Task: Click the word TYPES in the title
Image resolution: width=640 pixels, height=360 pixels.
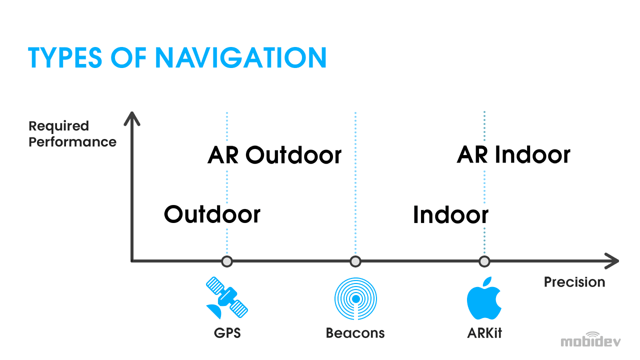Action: tap(65, 57)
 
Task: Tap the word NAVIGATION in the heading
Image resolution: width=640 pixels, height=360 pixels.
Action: tap(240, 57)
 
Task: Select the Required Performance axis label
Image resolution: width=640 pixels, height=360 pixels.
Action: tap(72, 133)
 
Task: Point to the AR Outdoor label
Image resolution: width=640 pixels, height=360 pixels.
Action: tap(274, 154)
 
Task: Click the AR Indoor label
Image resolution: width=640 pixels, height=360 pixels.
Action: tap(513, 154)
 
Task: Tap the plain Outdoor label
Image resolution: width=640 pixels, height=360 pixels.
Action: tap(212, 214)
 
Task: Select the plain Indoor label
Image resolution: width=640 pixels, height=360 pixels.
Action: tap(450, 214)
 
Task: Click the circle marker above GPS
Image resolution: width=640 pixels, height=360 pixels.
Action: tap(227, 261)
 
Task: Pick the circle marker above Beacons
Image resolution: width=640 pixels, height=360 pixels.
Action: tap(355, 261)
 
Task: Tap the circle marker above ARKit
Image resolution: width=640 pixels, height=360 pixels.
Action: tap(484, 261)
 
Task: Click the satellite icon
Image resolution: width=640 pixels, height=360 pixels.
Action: tap(227, 297)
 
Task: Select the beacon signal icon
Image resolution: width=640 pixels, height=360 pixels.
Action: tap(355, 299)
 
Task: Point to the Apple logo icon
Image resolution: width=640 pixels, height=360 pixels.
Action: tap(484, 298)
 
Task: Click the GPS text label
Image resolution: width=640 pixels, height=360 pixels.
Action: tap(227, 333)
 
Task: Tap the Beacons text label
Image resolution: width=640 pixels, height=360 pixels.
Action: tap(355, 333)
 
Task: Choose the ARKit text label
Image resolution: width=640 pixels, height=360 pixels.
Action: tap(484, 333)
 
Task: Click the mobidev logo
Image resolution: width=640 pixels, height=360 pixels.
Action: tap(590, 339)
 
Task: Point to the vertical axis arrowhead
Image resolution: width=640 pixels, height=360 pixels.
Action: tap(131, 118)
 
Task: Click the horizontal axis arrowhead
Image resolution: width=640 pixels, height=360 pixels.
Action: tap(611, 261)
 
